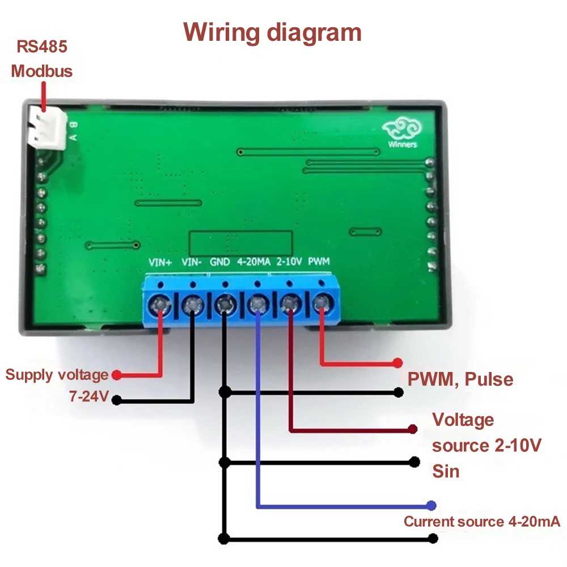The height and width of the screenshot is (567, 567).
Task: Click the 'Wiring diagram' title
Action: coord(273,32)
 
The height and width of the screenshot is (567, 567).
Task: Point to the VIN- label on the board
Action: coord(192,263)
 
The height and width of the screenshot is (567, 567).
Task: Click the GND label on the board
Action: coord(220,263)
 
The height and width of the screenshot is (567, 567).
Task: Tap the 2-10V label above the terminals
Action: coord(289,263)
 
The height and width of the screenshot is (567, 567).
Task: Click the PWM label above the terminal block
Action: coord(319,263)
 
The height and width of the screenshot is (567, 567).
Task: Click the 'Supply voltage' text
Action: coord(57,375)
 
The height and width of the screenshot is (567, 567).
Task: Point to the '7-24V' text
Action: coord(88,397)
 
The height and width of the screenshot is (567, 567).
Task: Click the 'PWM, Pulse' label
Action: coord(460,379)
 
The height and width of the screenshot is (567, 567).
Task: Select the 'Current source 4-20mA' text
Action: coord(481,522)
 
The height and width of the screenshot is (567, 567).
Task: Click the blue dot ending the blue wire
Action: coord(431,505)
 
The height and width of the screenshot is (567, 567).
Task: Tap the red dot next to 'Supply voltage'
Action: coord(116,375)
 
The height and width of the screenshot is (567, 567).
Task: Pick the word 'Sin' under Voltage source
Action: coord(446,471)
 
